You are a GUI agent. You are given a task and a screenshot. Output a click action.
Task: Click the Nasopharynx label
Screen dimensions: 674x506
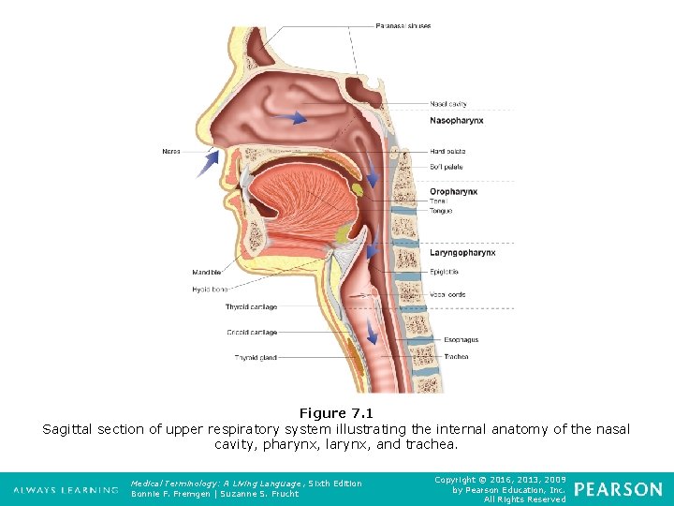(x=456, y=121)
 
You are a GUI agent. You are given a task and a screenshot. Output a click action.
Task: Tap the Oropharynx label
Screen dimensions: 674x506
(x=453, y=192)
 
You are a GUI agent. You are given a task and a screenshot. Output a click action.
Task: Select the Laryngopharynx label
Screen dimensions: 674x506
(x=462, y=253)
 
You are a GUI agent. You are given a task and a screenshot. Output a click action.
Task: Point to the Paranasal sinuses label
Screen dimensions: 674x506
(x=403, y=25)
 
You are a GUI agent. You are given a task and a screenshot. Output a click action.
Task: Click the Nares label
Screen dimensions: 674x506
(x=170, y=151)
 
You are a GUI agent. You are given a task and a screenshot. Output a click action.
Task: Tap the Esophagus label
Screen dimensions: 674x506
(x=461, y=340)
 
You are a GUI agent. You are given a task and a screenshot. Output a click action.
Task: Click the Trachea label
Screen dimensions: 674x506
(x=456, y=357)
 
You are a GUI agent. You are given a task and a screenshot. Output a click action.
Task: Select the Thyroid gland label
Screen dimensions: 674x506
(x=256, y=357)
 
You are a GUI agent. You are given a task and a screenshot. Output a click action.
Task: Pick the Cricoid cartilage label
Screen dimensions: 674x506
(x=251, y=333)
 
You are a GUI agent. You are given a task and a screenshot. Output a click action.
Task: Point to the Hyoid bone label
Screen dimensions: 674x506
(x=210, y=290)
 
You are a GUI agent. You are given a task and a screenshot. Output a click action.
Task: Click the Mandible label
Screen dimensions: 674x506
(x=207, y=273)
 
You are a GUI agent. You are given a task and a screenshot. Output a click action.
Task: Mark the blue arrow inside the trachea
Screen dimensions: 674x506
(x=372, y=334)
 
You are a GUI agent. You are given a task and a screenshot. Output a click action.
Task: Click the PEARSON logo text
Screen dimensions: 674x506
(x=618, y=489)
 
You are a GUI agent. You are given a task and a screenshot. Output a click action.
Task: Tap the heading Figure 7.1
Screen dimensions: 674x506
(x=336, y=413)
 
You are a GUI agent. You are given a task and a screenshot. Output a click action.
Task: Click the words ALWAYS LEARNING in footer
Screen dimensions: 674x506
(x=65, y=489)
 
